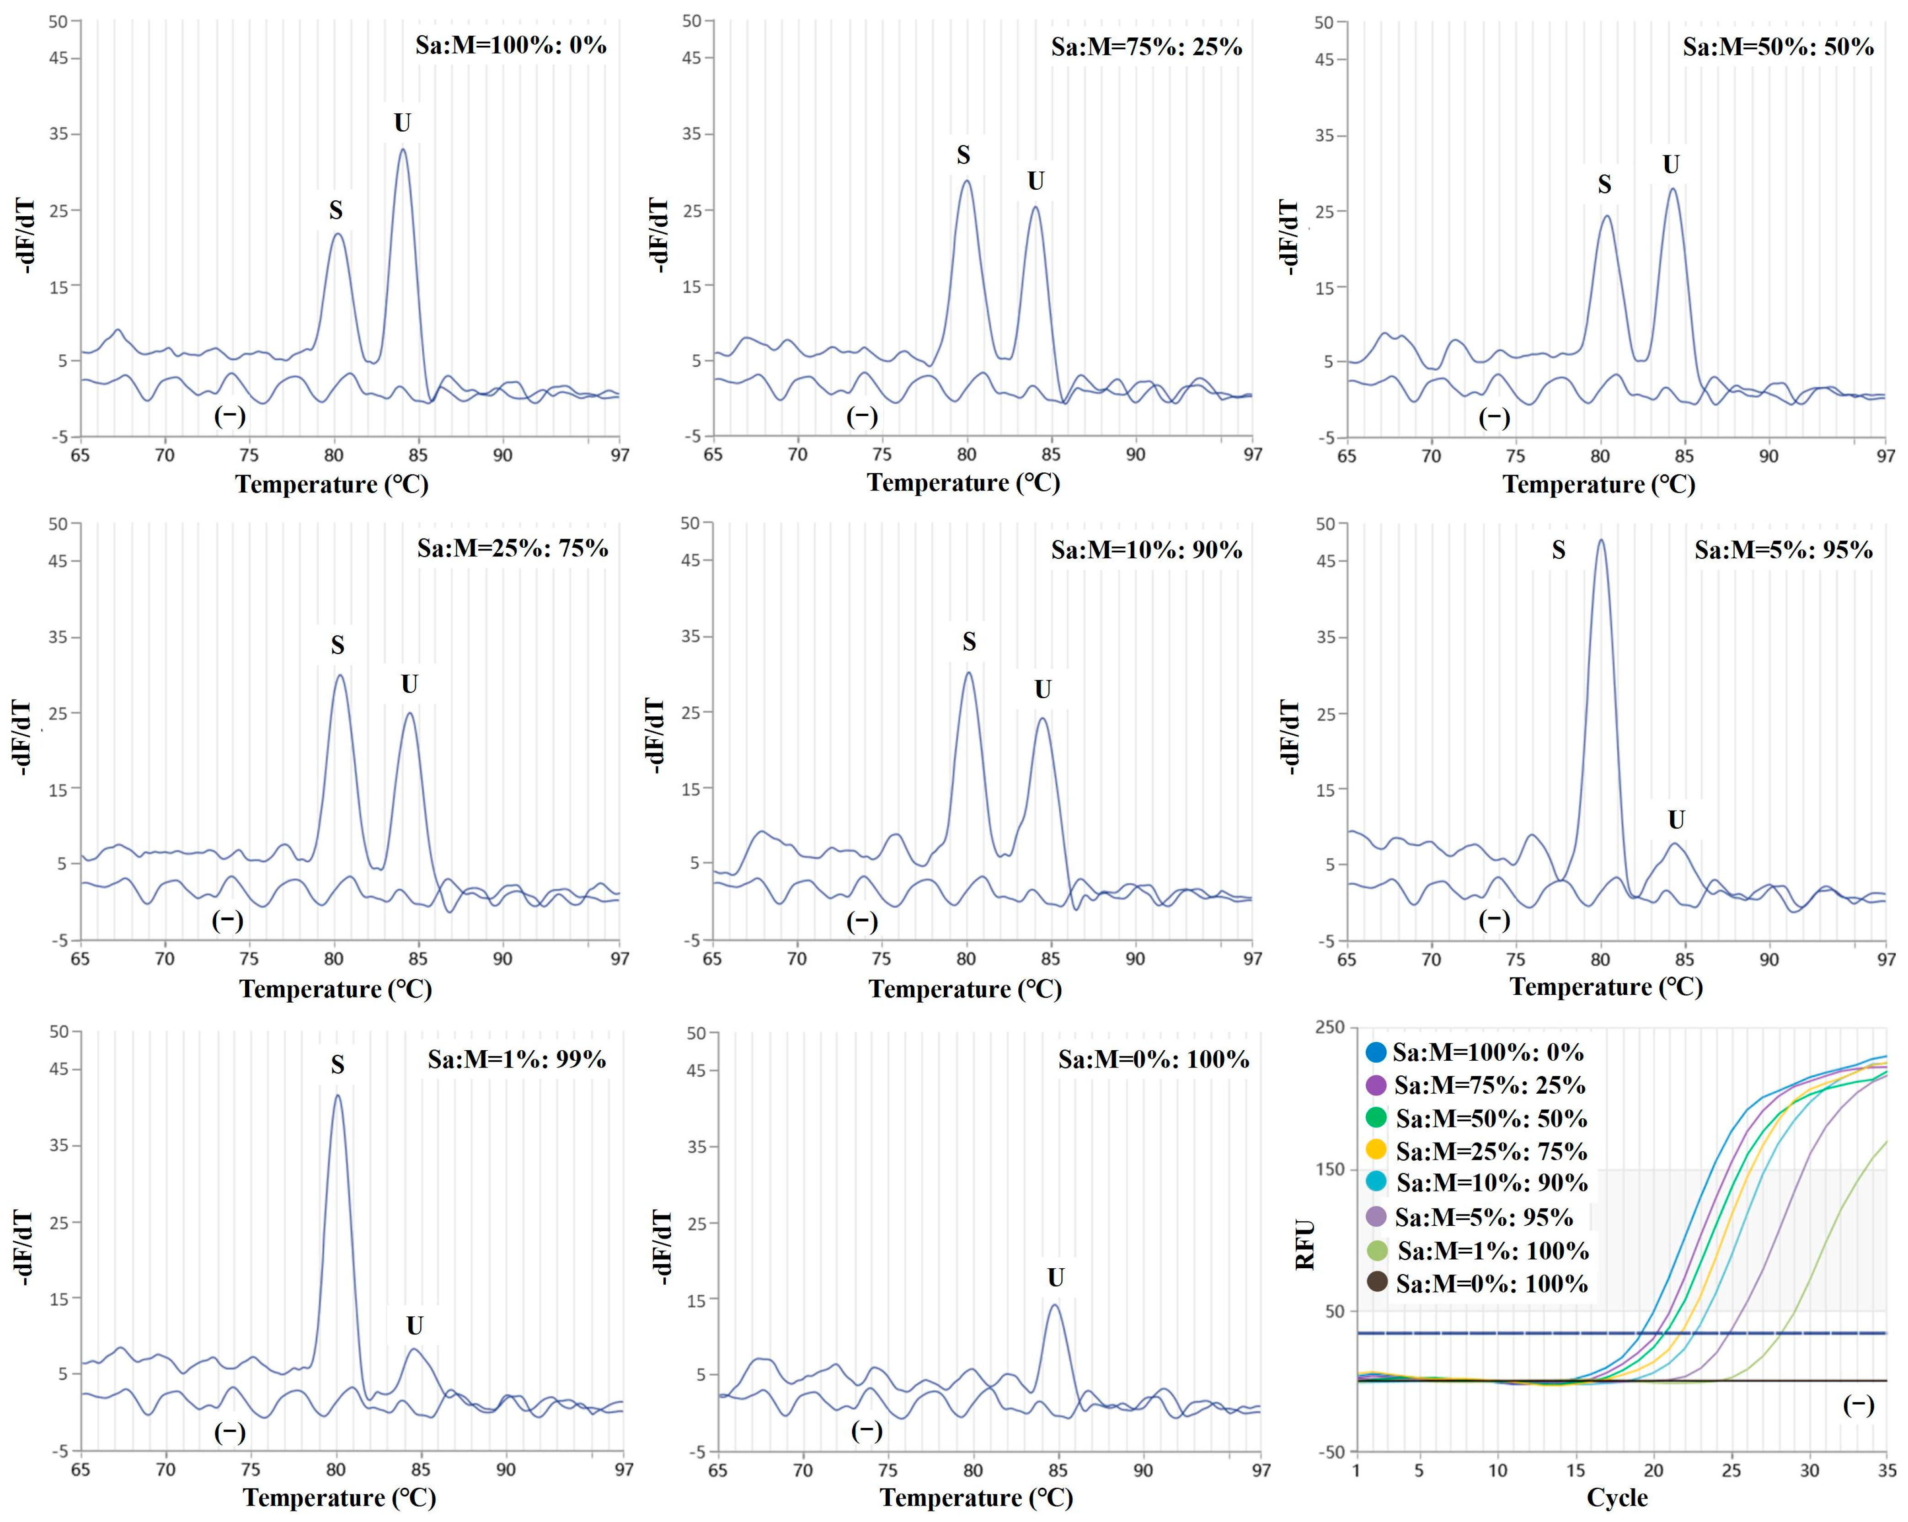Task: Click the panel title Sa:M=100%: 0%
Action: [511, 45]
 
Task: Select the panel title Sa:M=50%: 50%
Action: [1778, 47]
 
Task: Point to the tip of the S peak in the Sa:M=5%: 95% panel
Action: [1600, 541]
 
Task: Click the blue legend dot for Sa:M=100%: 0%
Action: [1375, 1052]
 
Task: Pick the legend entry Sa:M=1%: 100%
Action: [1492, 1250]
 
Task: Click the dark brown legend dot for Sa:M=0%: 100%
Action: [1376, 1282]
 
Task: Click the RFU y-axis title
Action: [1304, 1245]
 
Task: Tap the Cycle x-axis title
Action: [1617, 1497]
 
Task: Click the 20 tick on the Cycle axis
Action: [1653, 1470]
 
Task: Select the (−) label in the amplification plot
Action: [1858, 1405]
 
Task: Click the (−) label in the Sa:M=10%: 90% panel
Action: [862, 921]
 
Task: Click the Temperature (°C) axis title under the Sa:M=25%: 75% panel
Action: [336, 988]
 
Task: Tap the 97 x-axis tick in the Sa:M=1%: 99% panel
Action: [624, 1470]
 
